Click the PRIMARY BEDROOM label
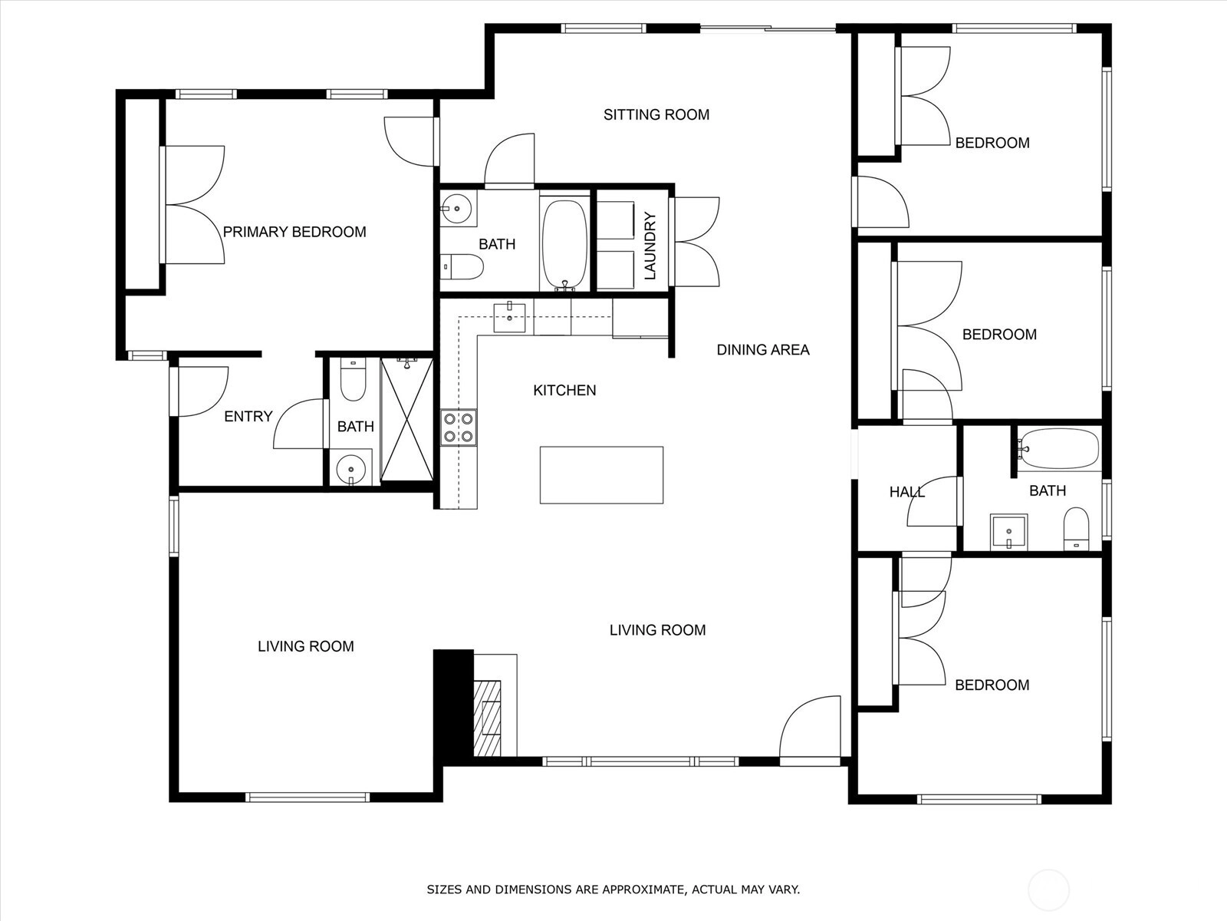[x=294, y=232]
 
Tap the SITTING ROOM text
[x=656, y=114]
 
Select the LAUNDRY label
[x=650, y=246]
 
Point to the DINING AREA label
[x=763, y=350]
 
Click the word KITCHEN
[x=564, y=391]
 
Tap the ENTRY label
[x=248, y=416]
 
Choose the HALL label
[x=906, y=492]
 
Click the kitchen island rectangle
[x=601, y=475]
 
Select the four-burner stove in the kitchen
[x=459, y=427]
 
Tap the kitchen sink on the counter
[x=509, y=318]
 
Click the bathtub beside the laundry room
[x=566, y=244]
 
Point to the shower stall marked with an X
[x=407, y=419]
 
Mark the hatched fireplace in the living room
[x=488, y=718]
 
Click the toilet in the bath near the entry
[x=353, y=380]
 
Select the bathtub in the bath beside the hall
[x=1058, y=449]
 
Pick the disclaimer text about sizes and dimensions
[x=613, y=889]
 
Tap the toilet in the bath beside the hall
[x=1076, y=529]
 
